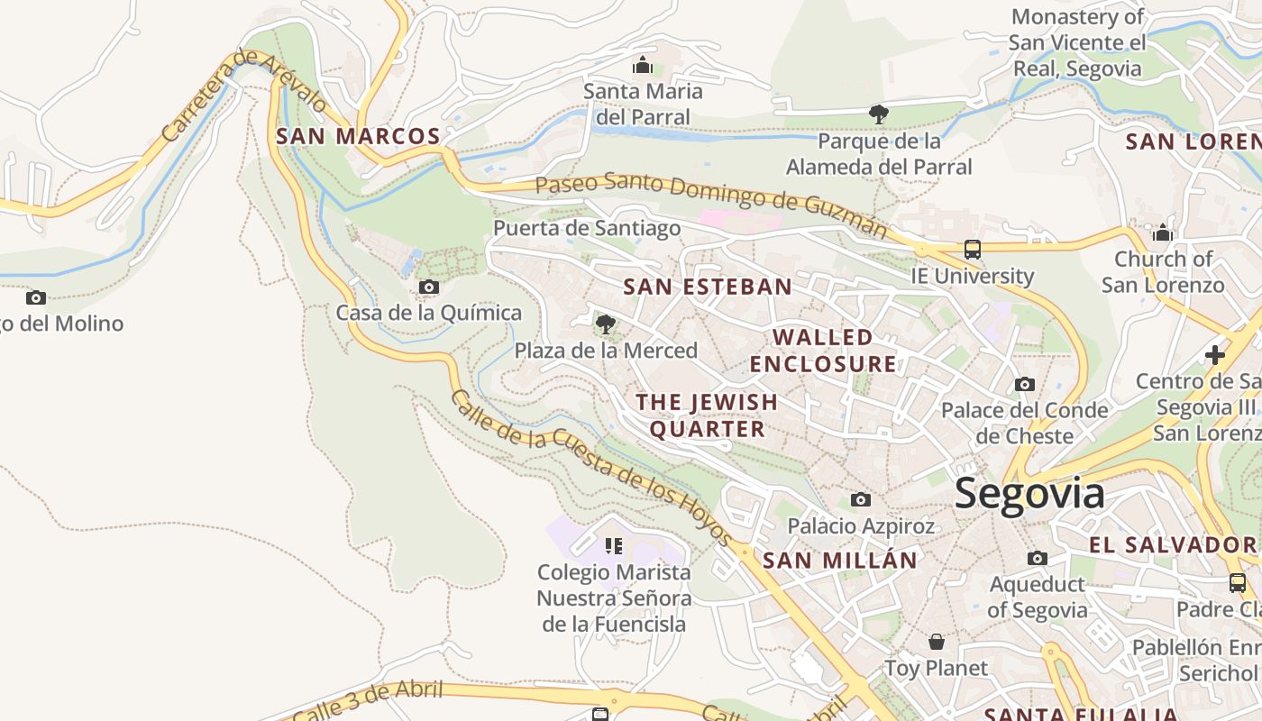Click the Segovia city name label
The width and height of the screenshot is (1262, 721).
(x=1029, y=494)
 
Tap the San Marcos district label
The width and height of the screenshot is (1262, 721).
(x=358, y=137)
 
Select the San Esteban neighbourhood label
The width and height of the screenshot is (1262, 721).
(x=708, y=287)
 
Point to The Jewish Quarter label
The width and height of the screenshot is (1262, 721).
(x=707, y=415)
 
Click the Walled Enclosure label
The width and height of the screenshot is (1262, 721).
(x=823, y=351)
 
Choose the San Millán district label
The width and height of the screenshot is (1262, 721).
(x=839, y=561)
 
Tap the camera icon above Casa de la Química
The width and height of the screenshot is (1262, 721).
(x=429, y=287)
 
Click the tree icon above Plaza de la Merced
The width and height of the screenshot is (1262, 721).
(x=606, y=324)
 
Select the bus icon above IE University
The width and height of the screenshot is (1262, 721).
(x=972, y=250)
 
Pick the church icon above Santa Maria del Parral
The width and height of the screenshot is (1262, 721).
(x=643, y=65)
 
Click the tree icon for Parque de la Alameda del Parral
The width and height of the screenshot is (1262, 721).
(x=879, y=114)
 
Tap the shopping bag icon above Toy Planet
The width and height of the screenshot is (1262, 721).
(x=937, y=642)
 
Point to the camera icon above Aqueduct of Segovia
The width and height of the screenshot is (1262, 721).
(x=1038, y=558)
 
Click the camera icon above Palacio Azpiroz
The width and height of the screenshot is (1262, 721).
(x=861, y=499)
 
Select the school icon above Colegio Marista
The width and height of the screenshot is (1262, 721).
(x=614, y=545)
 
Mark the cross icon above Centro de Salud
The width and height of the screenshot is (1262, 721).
(x=1215, y=354)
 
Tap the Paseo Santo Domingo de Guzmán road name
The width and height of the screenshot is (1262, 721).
(x=711, y=204)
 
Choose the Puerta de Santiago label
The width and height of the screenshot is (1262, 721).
(x=587, y=228)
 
